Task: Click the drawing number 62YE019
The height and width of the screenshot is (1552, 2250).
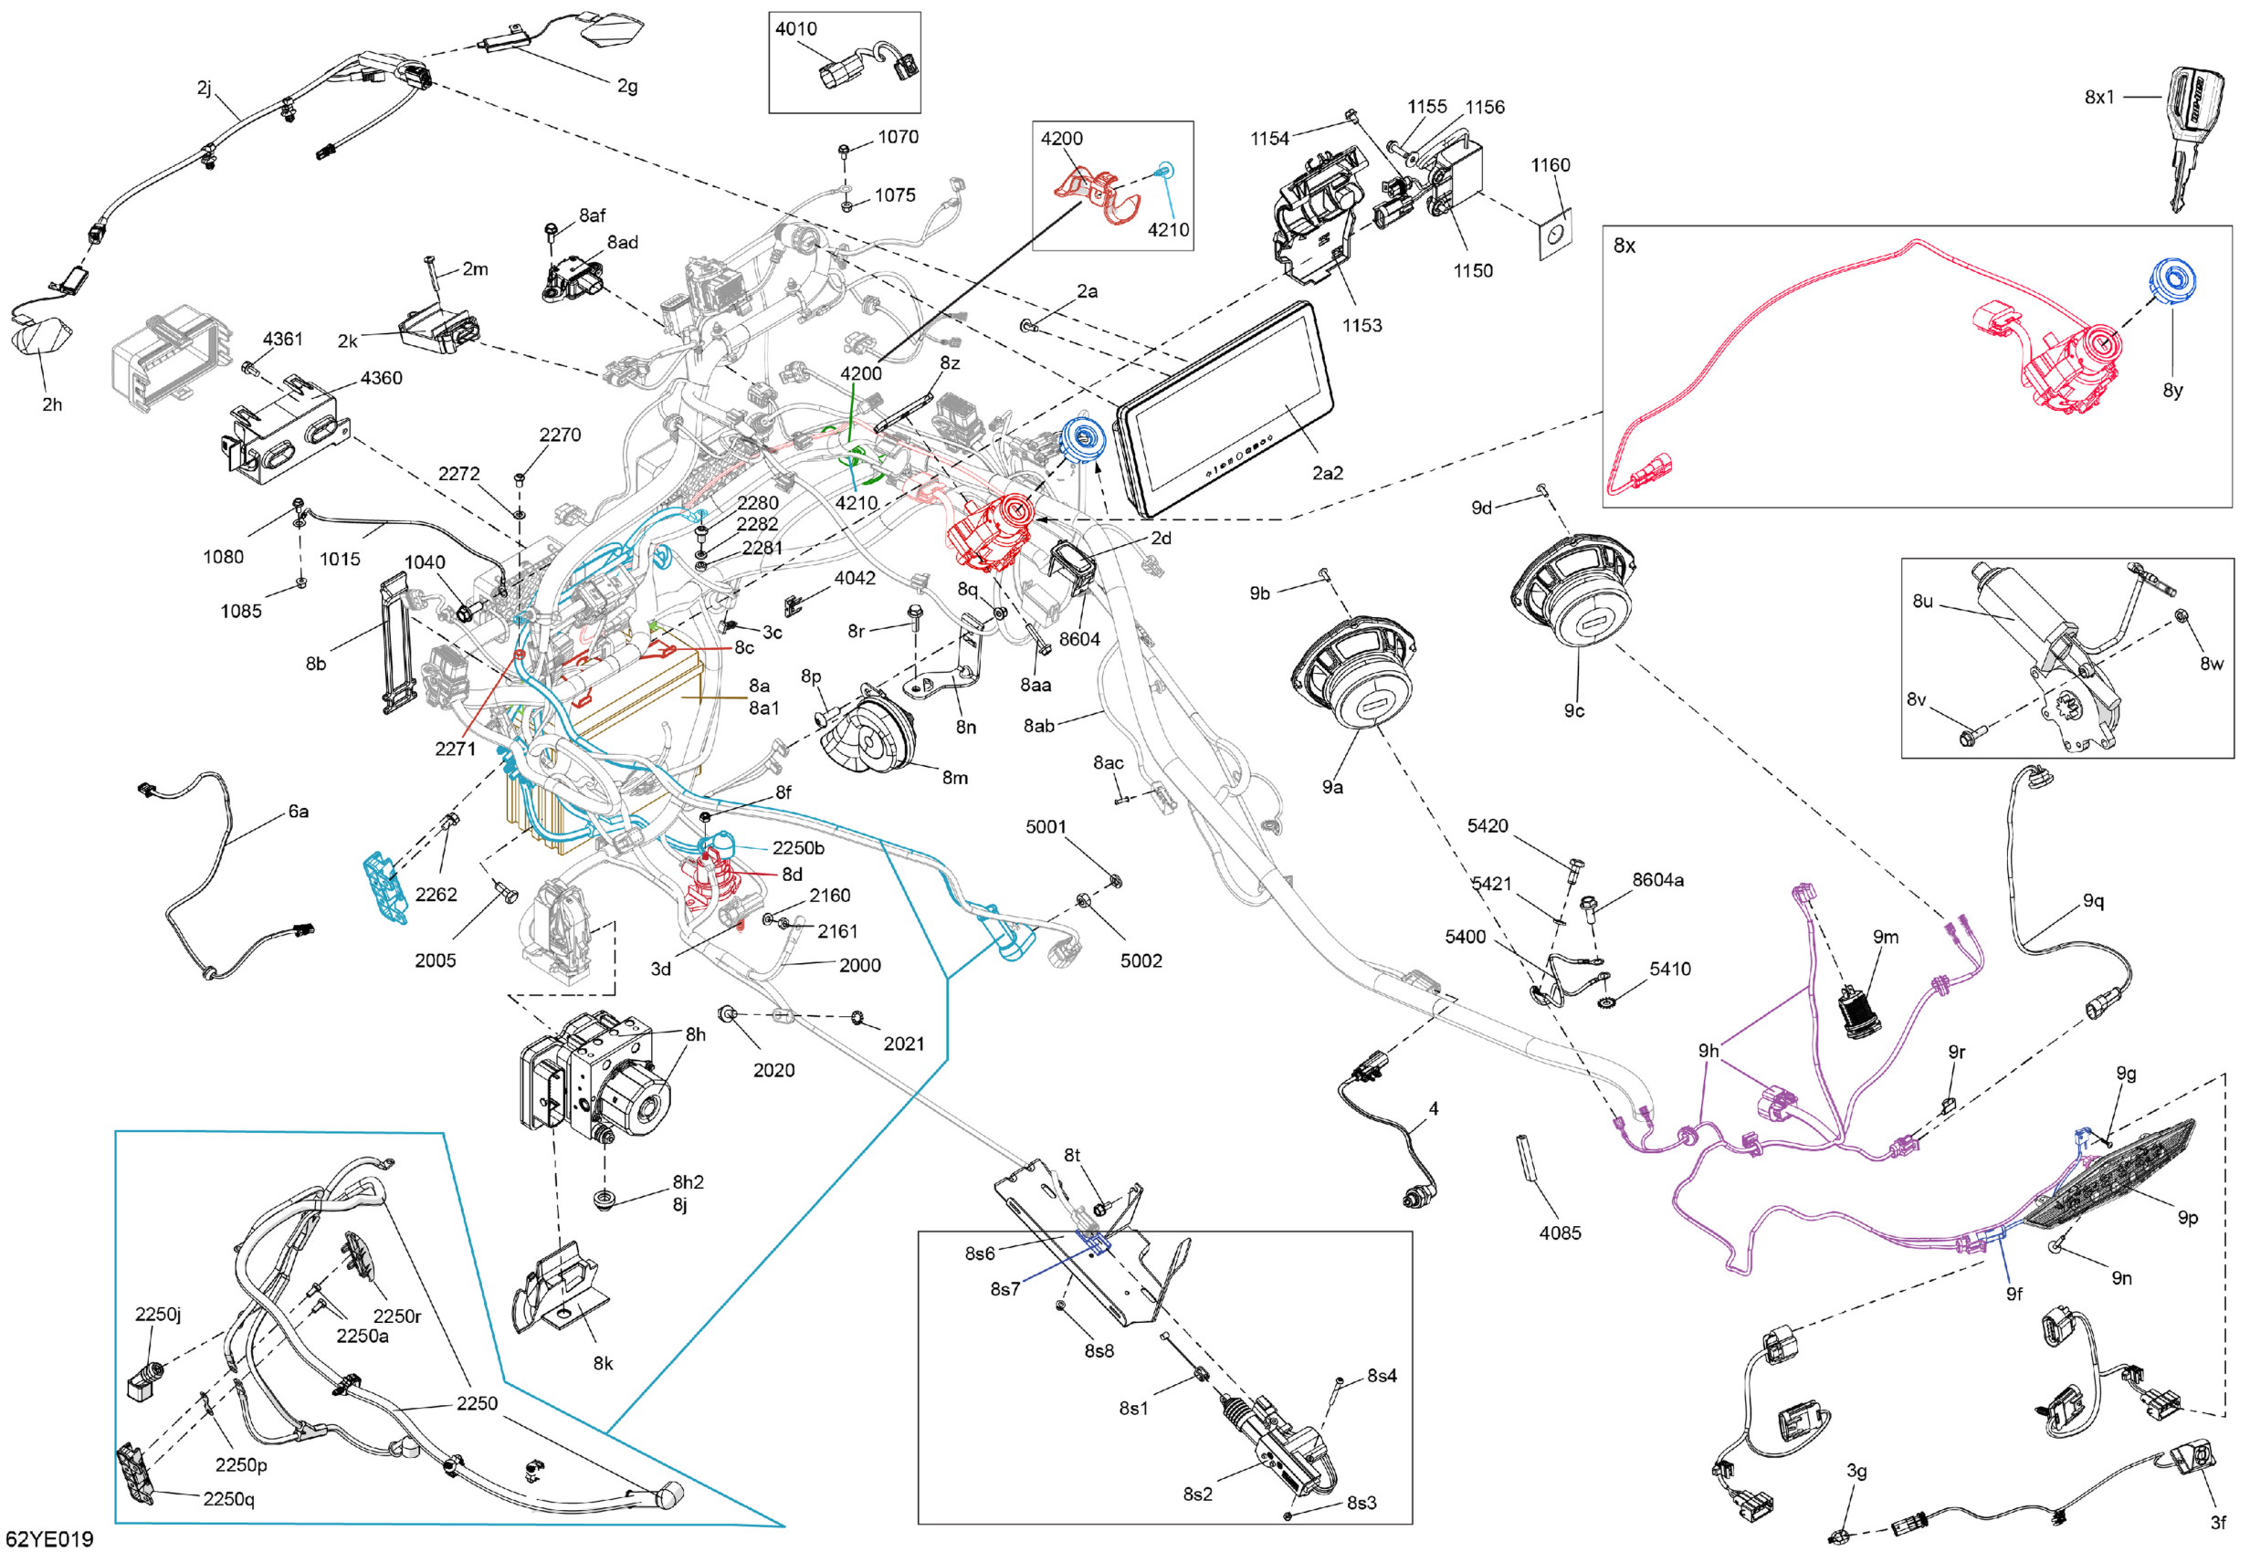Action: tap(56, 1538)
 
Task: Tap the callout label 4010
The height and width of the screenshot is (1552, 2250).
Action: tap(795, 29)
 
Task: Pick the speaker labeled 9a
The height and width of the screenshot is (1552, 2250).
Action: tap(1354, 672)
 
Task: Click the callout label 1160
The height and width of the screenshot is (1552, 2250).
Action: tap(1550, 165)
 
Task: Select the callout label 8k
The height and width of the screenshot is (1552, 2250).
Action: tap(603, 1363)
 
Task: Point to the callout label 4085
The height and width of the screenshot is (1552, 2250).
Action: tap(1560, 1233)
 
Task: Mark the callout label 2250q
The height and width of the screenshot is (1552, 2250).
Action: tap(228, 1498)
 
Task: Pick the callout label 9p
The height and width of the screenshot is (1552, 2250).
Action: tap(2187, 1218)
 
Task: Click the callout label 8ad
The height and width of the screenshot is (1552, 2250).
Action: tap(623, 242)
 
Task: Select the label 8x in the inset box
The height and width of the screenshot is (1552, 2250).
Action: tap(1624, 246)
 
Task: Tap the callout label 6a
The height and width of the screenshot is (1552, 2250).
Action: tap(299, 811)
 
